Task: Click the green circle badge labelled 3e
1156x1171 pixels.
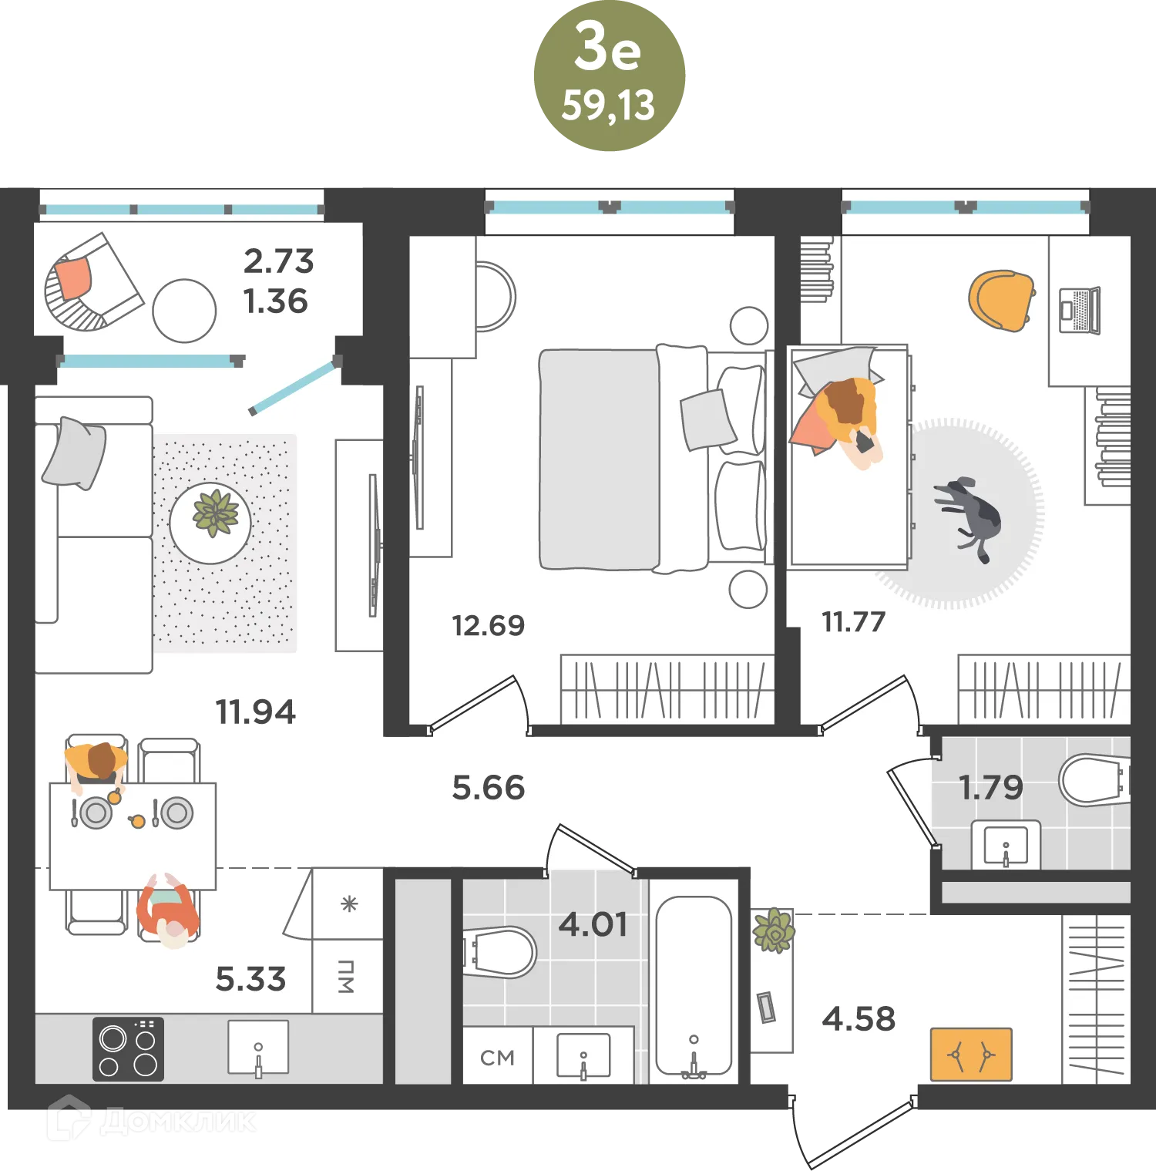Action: pos(609,76)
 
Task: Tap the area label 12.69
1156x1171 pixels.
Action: pos(488,625)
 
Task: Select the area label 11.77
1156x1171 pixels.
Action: pos(854,621)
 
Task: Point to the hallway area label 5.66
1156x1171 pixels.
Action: pos(488,788)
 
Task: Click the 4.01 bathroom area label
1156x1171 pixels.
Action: pos(593,924)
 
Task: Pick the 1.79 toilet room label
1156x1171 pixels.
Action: pos(990,787)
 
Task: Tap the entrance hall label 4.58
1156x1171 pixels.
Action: pos(859,1019)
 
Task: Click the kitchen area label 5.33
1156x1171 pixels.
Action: pos(250,979)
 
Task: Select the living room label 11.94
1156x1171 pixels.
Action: pos(255,712)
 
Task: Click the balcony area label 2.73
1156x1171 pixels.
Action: pos(279,261)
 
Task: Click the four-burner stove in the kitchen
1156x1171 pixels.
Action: pos(128,1049)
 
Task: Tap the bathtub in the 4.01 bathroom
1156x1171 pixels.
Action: pos(694,986)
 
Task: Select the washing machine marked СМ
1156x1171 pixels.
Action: pos(498,1055)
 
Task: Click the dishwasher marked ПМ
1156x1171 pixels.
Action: pos(348,977)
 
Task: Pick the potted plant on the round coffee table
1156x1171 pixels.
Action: pos(215,513)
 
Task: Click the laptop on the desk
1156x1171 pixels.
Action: pos(1080,310)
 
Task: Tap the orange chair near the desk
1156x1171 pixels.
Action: pos(1001,301)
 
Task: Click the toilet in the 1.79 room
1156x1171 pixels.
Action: pos(1094,779)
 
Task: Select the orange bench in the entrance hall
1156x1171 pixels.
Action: pos(971,1054)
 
